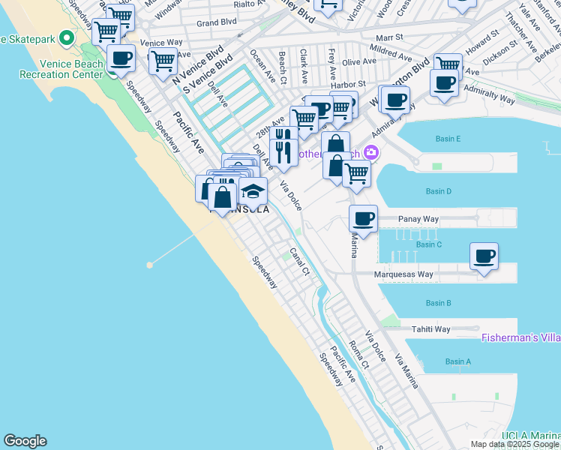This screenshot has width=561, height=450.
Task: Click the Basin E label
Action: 448,139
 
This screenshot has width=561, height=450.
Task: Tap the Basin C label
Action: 428,244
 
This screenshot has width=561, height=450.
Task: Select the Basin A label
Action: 457,361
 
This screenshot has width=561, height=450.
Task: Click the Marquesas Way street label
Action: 403,274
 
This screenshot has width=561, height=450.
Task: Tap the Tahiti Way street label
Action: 430,329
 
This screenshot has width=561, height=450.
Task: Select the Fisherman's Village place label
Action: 520,338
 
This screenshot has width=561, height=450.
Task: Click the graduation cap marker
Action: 253,191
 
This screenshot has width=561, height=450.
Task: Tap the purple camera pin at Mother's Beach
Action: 370,153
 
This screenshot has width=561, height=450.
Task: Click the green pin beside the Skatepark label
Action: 67,37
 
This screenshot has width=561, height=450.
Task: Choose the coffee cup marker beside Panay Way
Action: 363,218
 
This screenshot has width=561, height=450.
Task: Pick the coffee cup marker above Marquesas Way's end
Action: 484,256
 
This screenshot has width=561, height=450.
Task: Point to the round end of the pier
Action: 150,265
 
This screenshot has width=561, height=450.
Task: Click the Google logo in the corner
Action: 25,441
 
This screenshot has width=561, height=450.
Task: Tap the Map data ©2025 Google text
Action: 514,444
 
